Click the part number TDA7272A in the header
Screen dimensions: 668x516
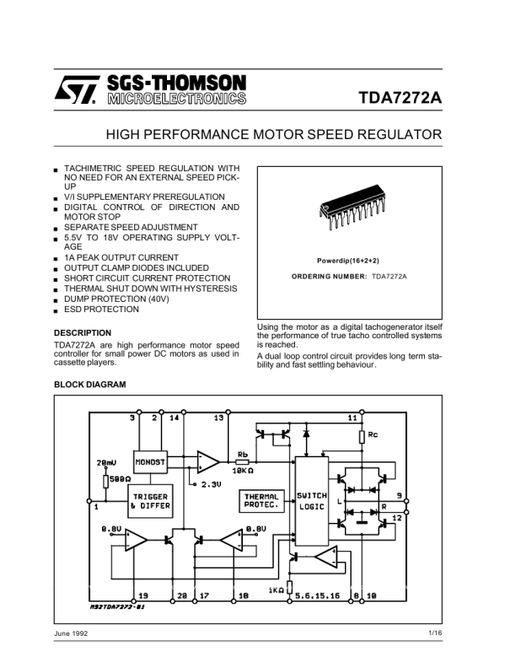pos(400,96)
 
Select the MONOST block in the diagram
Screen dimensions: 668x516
pos(150,462)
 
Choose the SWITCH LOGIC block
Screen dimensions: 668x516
pos(310,501)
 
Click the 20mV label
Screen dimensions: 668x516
pos(106,461)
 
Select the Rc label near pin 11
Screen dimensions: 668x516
pos(373,435)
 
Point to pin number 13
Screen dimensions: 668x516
pos(218,417)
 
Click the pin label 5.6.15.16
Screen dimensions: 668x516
pos(318,595)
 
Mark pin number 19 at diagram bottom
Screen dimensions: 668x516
pos(142,595)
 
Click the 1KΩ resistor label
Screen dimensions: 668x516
pos(275,590)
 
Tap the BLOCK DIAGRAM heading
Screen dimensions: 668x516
pos(89,385)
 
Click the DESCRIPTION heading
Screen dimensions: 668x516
pos(82,332)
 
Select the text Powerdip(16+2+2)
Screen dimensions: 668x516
pos(349,261)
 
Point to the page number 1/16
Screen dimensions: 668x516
pos(434,633)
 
